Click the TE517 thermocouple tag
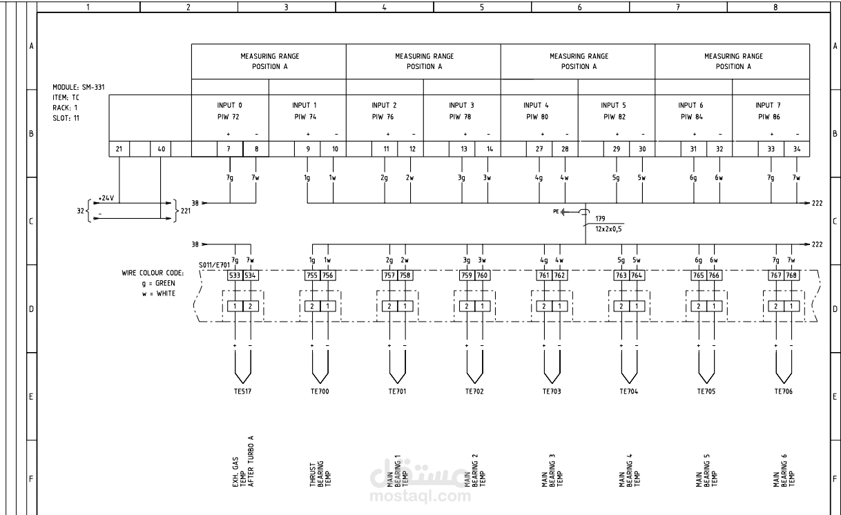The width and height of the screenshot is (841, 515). pyautogui.click(x=242, y=391)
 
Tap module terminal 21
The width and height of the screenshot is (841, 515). pyautogui.click(x=119, y=148)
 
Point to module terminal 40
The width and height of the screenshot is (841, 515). pyautogui.click(x=161, y=148)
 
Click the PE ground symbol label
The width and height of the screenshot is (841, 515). pyautogui.click(x=557, y=211)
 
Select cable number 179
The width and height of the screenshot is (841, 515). pyautogui.click(x=599, y=218)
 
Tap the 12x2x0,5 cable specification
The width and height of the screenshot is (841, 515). pyautogui.click(x=608, y=229)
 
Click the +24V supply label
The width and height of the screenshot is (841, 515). pyautogui.click(x=106, y=197)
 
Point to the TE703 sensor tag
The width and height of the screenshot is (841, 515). pyautogui.click(x=551, y=391)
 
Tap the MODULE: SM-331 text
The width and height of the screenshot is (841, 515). pyautogui.click(x=78, y=88)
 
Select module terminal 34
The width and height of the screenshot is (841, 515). pyautogui.click(x=797, y=148)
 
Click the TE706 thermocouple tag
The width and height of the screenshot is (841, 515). pyautogui.click(x=783, y=391)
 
